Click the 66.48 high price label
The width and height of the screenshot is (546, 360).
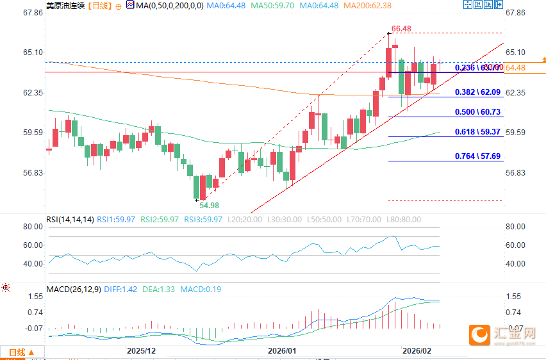coord(401,28)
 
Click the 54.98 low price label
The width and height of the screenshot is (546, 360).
coord(209,206)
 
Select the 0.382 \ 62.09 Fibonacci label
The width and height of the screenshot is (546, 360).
coord(478,92)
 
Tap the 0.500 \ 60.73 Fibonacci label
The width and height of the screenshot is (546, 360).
coord(478,112)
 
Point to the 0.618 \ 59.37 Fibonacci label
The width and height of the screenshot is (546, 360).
coord(478,132)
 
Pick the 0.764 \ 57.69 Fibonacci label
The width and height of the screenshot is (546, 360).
coord(478,156)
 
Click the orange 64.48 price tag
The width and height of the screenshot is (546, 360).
coord(515,68)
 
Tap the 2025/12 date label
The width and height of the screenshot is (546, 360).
coord(141,351)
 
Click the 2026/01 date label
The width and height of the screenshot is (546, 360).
coord(282,351)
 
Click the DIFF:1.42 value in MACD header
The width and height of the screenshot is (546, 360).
coord(122,289)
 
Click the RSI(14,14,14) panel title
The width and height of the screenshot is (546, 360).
coord(70,220)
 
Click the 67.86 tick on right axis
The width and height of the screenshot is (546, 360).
coord(515,13)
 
